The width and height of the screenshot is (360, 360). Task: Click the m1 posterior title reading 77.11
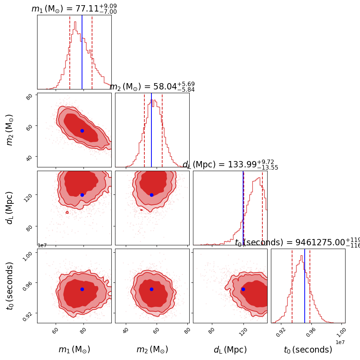74,9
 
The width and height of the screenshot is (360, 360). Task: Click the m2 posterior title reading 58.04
152,86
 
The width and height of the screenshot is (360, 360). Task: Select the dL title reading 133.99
230,164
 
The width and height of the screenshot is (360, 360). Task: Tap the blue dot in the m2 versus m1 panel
82,131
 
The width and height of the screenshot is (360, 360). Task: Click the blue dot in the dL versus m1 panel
82,195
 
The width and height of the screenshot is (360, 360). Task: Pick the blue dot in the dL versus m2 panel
151,195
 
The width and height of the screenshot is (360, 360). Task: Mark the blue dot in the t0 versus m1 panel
82,289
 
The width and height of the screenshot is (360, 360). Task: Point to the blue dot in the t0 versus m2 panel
151,289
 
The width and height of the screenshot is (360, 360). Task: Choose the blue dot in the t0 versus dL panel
243,289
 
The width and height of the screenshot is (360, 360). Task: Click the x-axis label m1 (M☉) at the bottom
74,350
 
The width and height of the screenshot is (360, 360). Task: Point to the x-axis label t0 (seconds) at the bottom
308,350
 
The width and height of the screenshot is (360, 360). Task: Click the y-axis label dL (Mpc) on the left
10,208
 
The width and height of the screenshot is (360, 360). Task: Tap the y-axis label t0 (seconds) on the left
10,286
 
